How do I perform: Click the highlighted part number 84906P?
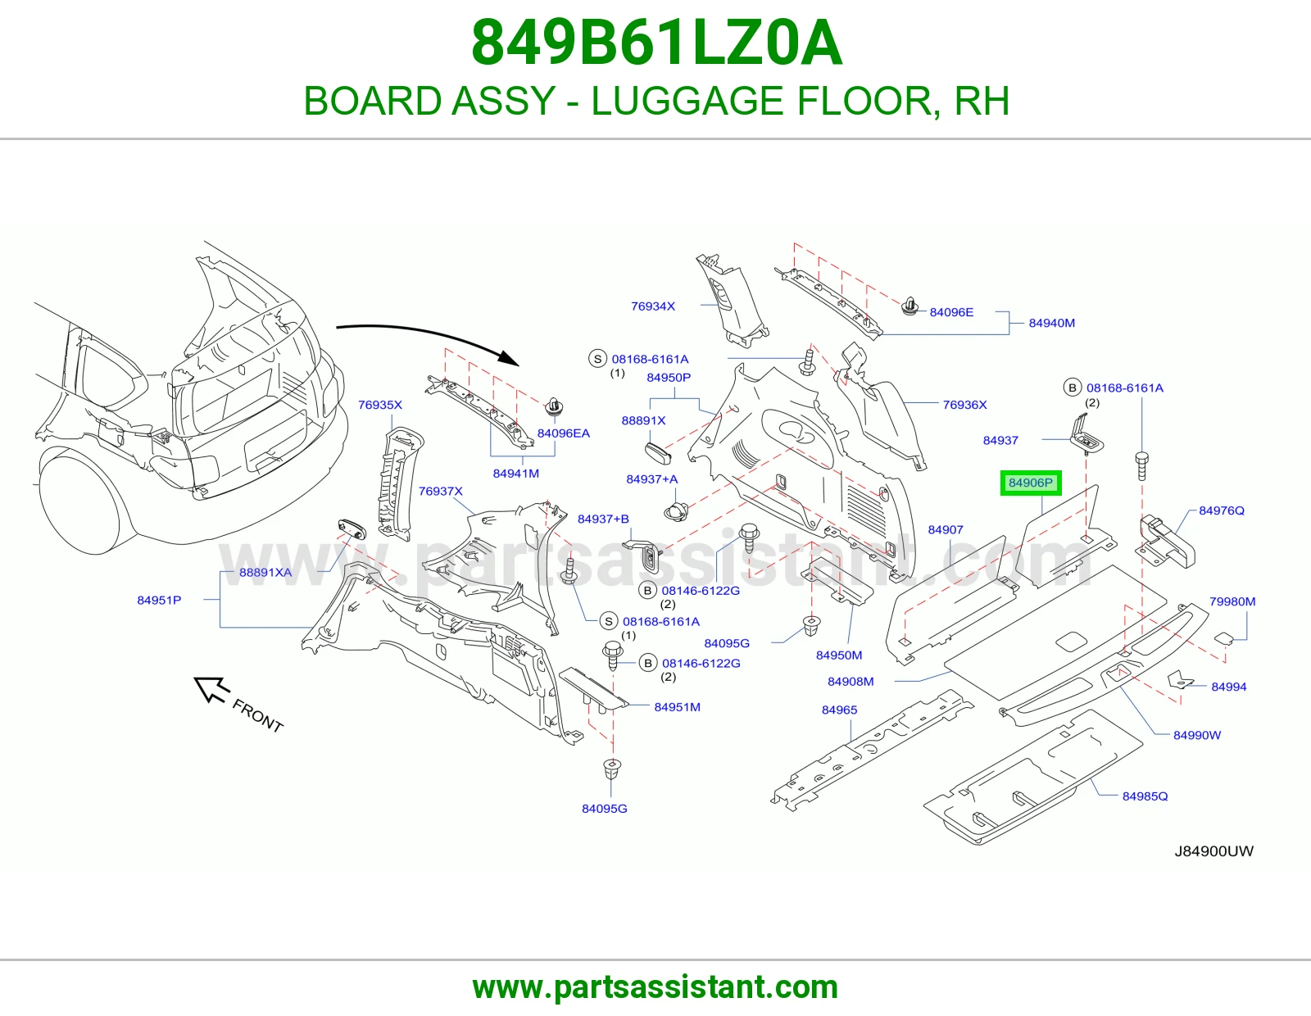pos(1031,483)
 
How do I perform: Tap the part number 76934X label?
pos(653,306)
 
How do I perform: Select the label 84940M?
pos(1051,323)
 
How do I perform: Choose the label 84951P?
pos(159,601)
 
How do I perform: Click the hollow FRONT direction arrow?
pos(211,689)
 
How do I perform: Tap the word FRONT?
pos(257,715)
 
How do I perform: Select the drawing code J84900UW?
pos(1213,851)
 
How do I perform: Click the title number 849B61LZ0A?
pos(656,43)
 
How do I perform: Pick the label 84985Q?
pos(1145,796)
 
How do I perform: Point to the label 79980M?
pos(1232,601)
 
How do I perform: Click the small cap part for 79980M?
pos(1224,637)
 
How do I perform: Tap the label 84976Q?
pos(1222,510)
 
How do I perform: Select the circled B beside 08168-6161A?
pos(1072,388)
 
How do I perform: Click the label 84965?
pos(839,710)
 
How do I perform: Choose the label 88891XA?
pos(265,572)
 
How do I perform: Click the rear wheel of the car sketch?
pos(79,504)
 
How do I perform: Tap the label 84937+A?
pos(652,479)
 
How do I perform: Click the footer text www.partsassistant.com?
pos(655,987)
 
